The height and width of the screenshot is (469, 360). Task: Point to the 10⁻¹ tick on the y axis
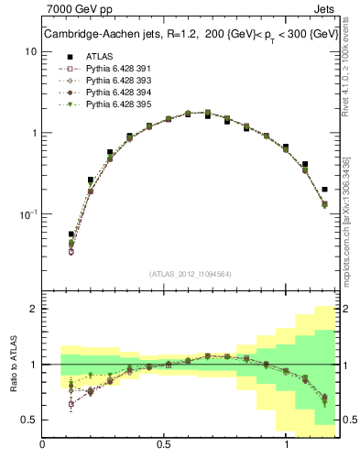28,213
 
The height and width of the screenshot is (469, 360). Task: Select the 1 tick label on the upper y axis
34,133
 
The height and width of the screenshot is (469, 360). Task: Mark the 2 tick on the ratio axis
34,309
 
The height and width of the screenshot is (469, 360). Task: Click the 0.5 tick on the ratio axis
30,420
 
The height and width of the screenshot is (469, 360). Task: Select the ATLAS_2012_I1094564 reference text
189,273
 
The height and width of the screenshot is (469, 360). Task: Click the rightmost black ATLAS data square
325,190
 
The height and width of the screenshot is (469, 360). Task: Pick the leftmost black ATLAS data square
71,234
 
